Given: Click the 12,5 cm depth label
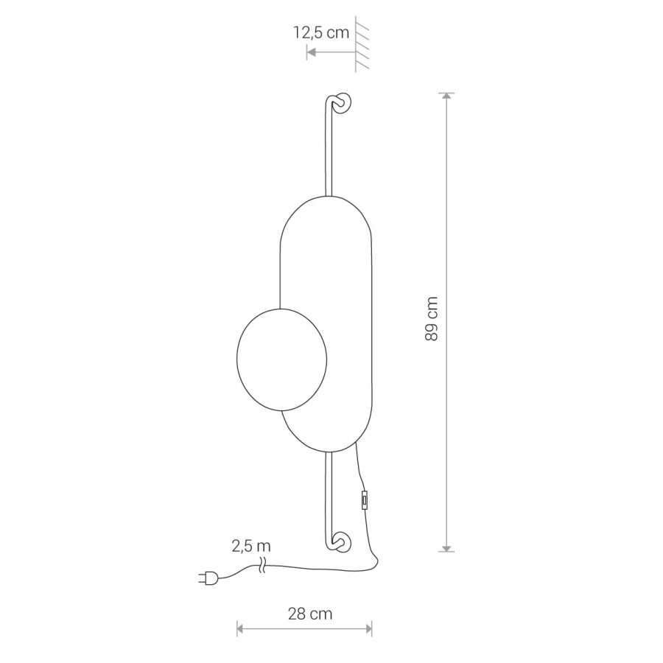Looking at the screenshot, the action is [x=321, y=32].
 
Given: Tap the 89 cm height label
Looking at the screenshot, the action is [x=431, y=319].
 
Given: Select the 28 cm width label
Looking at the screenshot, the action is [x=310, y=614].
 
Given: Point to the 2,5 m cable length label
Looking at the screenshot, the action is [x=250, y=546].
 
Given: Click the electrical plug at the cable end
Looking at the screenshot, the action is [x=208, y=578].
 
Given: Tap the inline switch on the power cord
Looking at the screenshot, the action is [x=365, y=500].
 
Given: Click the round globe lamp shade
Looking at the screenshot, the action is [x=281, y=359].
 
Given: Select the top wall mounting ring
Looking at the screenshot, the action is [x=342, y=102].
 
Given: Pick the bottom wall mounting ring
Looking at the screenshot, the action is [x=342, y=542].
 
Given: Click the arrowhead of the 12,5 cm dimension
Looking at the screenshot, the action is [x=311, y=52].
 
